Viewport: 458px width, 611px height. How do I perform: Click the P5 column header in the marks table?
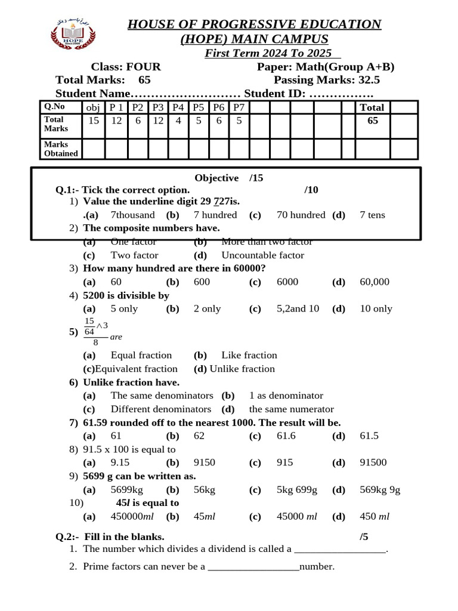[x=198, y=107]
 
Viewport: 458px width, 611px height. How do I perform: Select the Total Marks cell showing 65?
[x=373, y=121]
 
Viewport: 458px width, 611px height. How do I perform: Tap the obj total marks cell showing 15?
[x=94, y=121]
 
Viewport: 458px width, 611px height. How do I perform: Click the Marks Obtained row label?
[x=60, y=149]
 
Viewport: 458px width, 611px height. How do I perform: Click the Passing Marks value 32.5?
[x=369, y=81]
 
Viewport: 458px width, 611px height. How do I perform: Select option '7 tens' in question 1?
[x=372, y=215]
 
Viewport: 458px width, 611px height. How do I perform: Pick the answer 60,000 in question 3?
[x=375, y=282]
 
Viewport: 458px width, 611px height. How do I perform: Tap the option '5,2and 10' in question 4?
[x=298, y=308]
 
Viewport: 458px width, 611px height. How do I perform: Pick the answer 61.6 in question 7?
[x=287, y=436]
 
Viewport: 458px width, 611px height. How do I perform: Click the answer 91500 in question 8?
[x=373, y=462]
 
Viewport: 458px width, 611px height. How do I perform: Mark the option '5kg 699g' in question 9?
[x=296, y=490]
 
